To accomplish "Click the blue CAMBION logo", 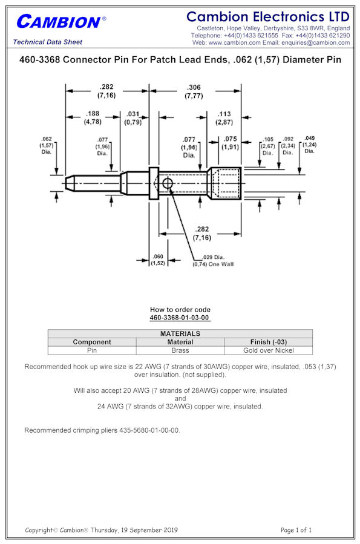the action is [61, 22].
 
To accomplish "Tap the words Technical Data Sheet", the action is [48, 42].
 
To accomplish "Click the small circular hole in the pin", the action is [167, 183].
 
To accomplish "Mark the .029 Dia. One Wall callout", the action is [213, 261].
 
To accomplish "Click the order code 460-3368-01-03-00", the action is [179, 318].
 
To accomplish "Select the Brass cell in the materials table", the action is [180, 350].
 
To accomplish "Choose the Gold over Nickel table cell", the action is [269, 350].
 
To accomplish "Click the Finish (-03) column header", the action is [269, 342].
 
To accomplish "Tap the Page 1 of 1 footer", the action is [296, 529].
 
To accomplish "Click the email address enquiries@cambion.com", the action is [316, 43].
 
